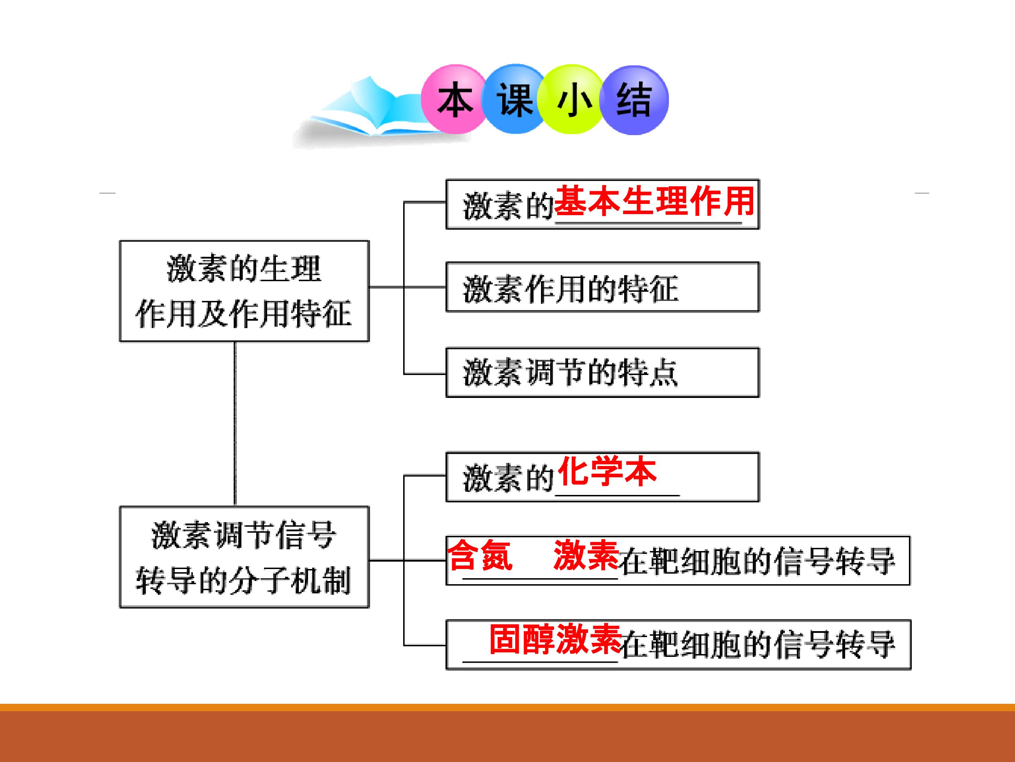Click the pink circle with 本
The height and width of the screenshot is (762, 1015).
coord(454,99)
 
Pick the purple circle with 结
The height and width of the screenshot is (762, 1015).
coord(634,100)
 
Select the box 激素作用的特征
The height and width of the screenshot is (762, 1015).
coord(603,287)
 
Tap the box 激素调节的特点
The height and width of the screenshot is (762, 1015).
coord(603,373)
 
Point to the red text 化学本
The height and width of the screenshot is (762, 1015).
coord(607,471)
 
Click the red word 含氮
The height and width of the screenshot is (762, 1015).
coord(480,555)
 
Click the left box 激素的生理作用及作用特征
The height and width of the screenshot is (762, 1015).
coord(244,291)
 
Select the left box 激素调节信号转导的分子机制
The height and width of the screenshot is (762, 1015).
coord(244,557)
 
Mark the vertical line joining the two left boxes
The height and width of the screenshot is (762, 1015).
coord(235,424)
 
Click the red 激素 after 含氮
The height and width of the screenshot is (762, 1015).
coord(586,555)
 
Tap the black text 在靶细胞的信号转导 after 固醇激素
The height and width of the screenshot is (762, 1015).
coord(757,645)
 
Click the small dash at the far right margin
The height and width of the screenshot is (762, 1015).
coord(922,193)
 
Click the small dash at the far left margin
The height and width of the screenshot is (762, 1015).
coord(107,193)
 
